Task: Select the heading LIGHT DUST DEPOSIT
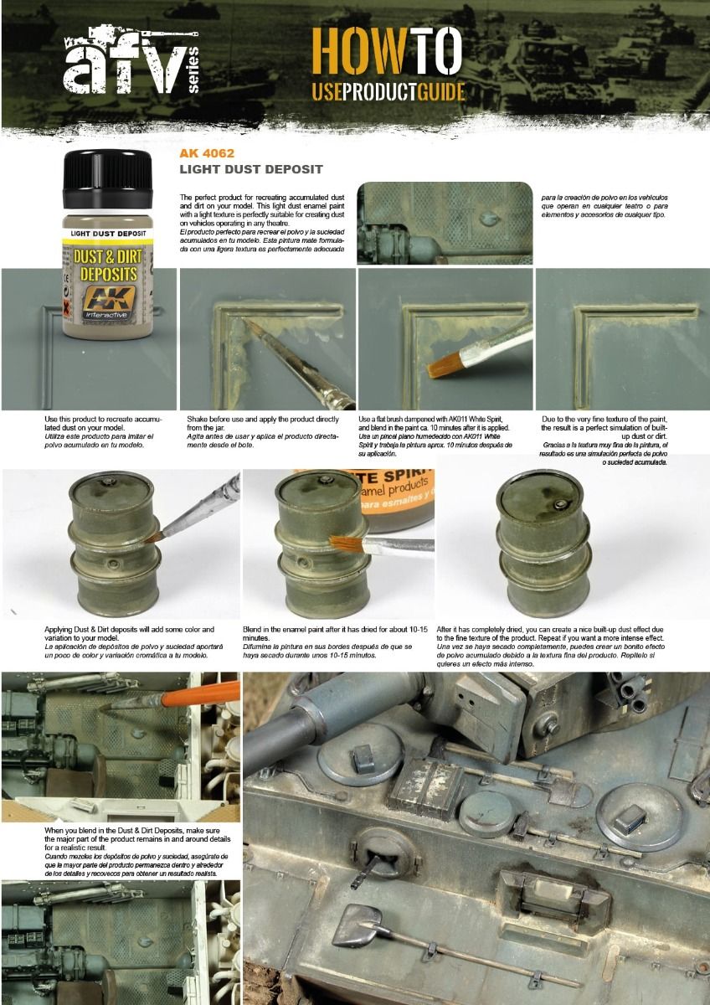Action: (250, 169)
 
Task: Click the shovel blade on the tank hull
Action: (352, 926)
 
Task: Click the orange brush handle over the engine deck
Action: (201, 693)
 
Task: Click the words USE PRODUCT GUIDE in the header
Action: (388, 91)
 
